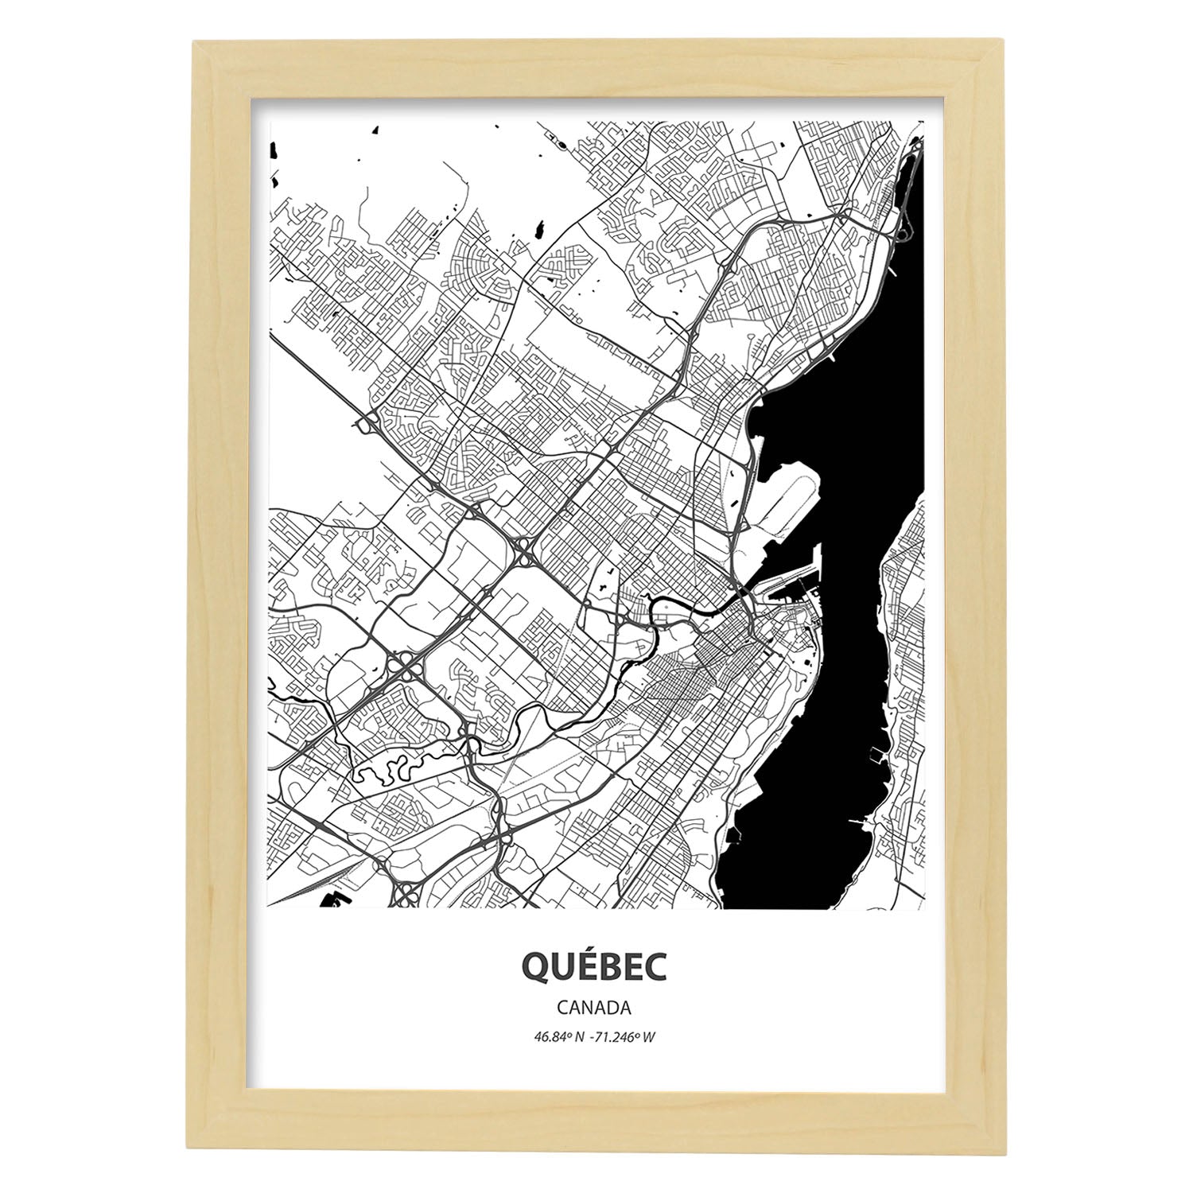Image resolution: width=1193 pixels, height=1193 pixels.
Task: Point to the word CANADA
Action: click(594, 1008)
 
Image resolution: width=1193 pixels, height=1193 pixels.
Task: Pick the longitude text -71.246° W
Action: click(625, 1036)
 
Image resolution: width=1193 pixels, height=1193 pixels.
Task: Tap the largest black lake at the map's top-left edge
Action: click(274, 150)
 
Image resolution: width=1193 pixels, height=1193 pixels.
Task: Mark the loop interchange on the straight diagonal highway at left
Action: click(368, 426)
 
